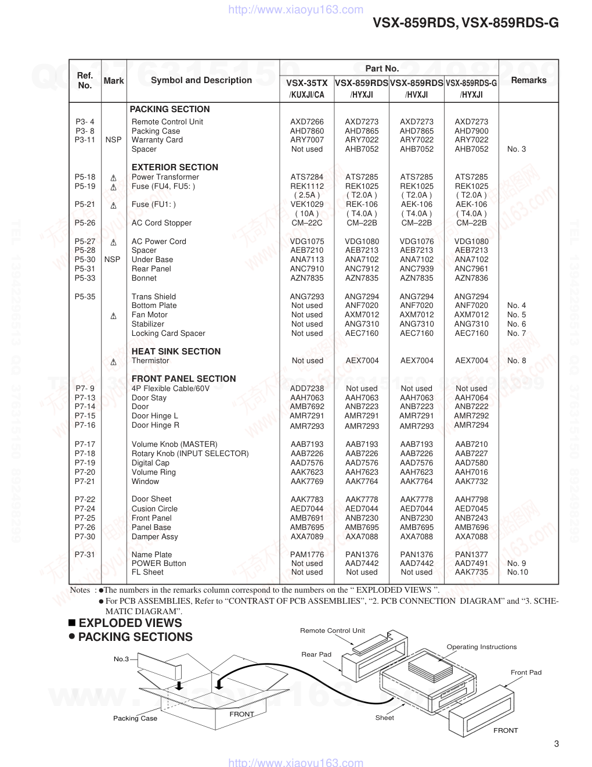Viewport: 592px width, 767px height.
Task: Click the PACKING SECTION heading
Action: pyautogui.click(x=169, y=109)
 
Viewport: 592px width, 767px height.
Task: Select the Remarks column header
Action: pyautogui.click(x=528, y=80)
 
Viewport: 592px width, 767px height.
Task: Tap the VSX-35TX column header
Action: pyautogui.click(x=306, y=84)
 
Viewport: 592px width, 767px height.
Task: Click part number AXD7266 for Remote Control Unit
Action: pyautogui.click(x=307, y=122)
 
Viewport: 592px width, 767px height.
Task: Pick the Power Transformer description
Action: pyautogui.click(x=165, y=177)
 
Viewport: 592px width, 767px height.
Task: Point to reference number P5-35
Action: pyautogui.click(x=85, y=297)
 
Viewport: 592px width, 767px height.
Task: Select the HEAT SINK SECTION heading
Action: pyautogui.click(x=176, y=352)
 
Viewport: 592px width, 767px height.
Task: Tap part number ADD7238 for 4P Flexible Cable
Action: pyautogui.click(x=307, y=389)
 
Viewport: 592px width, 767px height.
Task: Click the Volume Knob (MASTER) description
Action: pyautogui.click(x=174, y=445)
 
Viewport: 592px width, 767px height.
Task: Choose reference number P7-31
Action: pyautogui.click(x=85, y=555)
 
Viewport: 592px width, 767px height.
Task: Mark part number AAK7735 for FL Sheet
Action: pyautogui.click(x=471, y=572)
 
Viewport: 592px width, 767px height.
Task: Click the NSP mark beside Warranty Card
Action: pyautogui.click(x=113, y=140)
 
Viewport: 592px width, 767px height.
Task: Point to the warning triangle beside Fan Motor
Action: pyautogui.click(x=113, y=316)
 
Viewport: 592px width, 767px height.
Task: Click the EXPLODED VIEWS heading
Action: pyautogui.click(x=130, y=623)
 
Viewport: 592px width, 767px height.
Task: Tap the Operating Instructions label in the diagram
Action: pyautogui.click(x=481, y=647)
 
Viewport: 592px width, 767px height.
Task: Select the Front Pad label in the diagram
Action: pyautogui.click(x=526, y=672)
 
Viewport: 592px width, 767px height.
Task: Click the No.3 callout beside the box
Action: pyautogui.click(x=121, y=659)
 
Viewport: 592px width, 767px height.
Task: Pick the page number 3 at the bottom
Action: pyautogui.click(x=557, y=744)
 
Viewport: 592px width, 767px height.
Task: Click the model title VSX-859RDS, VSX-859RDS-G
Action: pyautogui.click(x=465, y=23)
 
